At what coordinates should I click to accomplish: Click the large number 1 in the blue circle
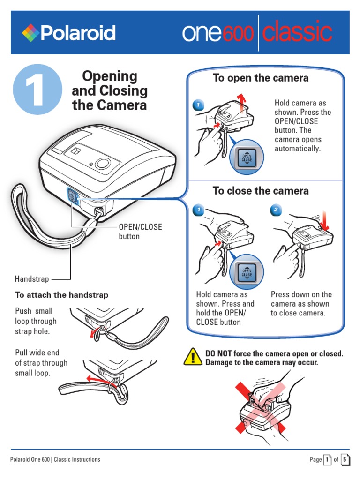point(37,89)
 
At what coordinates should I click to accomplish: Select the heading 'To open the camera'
point(261,78)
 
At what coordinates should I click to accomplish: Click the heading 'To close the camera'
point(261,191)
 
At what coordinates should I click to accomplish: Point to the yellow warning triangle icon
point(193,357)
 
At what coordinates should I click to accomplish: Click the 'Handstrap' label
point(32,279)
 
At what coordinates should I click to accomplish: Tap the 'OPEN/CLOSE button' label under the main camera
point(140,232)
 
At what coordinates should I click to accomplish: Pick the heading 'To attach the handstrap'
point(61,295)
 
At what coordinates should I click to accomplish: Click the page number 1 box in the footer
point(327,459)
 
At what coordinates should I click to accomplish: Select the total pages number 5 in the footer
point(345,459)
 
